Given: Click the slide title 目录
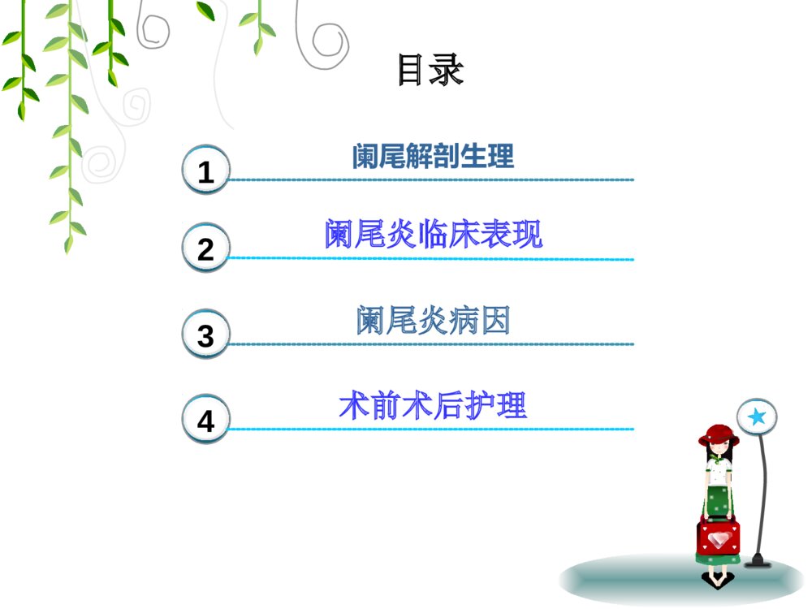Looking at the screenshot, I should pos(430,70).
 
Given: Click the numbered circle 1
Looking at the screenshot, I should pos(206,171).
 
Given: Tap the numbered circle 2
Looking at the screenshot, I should pos(206,248).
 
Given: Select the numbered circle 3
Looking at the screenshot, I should pos(206,335).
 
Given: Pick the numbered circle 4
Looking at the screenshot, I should pos(206,421).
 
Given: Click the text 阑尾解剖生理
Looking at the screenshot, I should pos(433,156).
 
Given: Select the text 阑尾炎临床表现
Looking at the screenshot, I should pos(433,235).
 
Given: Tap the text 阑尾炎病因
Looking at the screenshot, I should pos(433,322).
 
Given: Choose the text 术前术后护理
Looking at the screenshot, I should pos(433,405).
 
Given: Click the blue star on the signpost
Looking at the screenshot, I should pos(757,417).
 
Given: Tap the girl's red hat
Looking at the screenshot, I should pos(718,434).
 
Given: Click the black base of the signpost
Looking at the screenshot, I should pos(758,560).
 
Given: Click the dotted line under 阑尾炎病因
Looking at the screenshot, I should pos(430,343).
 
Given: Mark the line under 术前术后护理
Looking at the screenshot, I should pos(430,428).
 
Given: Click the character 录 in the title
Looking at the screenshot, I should pos(448,70).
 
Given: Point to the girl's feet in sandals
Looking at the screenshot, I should pos(716,579).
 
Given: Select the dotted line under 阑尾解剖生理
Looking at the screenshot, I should pos(430,179).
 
